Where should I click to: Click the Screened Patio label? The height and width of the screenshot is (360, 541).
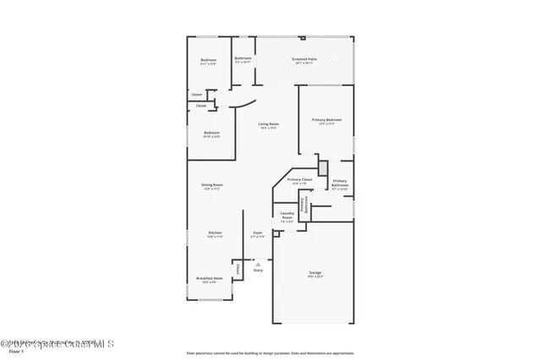click(x=303, y=60)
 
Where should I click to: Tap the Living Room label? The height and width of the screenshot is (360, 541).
click(x=269, y=125)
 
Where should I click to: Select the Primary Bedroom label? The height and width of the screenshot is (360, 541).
click(x=325, y=120)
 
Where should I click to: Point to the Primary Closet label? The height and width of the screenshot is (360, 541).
click(x=300, y=180)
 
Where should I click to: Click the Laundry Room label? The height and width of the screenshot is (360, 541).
click(x=287, y=215)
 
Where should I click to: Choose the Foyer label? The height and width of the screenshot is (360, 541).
click(x=258, y=232)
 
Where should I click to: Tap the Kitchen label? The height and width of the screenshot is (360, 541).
click(x=215, y=232)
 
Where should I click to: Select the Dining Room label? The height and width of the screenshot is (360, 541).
click(x=211, y=185)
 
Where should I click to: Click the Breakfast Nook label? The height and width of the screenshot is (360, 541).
click(x=209, y=278)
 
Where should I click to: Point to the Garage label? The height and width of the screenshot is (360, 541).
click(x=314, y=272)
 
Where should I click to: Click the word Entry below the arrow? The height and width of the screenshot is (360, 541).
click(x=258, y=270)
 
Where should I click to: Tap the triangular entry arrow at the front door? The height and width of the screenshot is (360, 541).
click(x=258, y=264)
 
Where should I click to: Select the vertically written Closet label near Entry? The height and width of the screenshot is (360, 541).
click(x=238, y=269)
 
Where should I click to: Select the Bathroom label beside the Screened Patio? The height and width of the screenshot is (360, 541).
click(x=243, y=59)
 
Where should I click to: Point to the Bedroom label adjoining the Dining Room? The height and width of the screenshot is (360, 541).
click(x=211, y=133)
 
